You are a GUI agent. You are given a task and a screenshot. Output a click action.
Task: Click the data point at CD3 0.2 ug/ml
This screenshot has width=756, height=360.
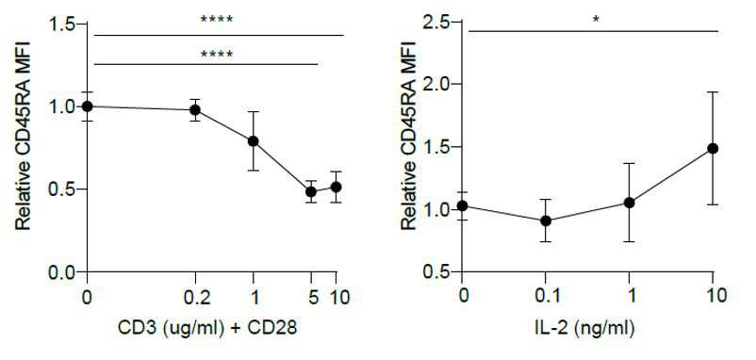195,110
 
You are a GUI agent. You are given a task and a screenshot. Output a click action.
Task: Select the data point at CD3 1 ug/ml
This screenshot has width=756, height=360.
254,141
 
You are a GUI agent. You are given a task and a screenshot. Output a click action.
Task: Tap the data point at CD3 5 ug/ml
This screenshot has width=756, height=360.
311,191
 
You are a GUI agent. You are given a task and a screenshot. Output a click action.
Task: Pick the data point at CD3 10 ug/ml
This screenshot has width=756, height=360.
336,187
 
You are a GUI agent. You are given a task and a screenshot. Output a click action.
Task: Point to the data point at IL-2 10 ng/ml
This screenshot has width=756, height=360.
713,148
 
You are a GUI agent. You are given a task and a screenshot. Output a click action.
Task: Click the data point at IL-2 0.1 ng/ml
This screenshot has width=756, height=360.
546,221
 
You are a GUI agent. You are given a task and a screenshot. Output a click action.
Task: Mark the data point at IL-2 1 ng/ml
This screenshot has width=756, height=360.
629,203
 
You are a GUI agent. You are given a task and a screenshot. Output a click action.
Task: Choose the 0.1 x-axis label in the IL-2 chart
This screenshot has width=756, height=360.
546,295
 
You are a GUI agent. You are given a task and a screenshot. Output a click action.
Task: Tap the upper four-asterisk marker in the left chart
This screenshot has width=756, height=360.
217,20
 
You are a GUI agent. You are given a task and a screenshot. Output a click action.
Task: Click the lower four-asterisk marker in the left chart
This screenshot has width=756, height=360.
217,54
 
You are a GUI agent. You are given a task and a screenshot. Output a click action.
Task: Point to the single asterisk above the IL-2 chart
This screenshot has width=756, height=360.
597,20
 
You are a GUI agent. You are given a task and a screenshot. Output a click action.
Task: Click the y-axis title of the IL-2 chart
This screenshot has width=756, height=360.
409,135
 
